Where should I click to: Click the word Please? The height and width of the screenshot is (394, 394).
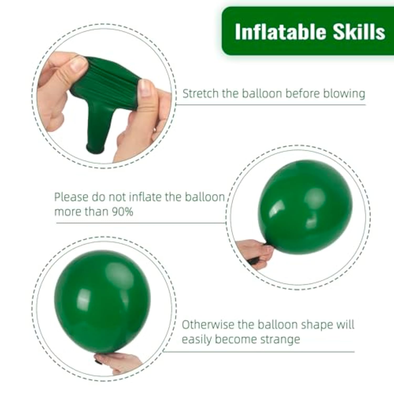[71, 197]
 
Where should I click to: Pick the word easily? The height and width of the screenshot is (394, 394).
[196, 339]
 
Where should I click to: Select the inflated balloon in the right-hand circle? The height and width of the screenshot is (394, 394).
[305, 206]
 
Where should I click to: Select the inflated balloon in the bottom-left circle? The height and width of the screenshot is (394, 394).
[102, 301]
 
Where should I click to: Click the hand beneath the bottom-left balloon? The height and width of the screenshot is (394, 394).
[118, 362]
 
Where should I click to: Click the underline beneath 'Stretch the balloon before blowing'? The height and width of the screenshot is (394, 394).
[271, 105]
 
